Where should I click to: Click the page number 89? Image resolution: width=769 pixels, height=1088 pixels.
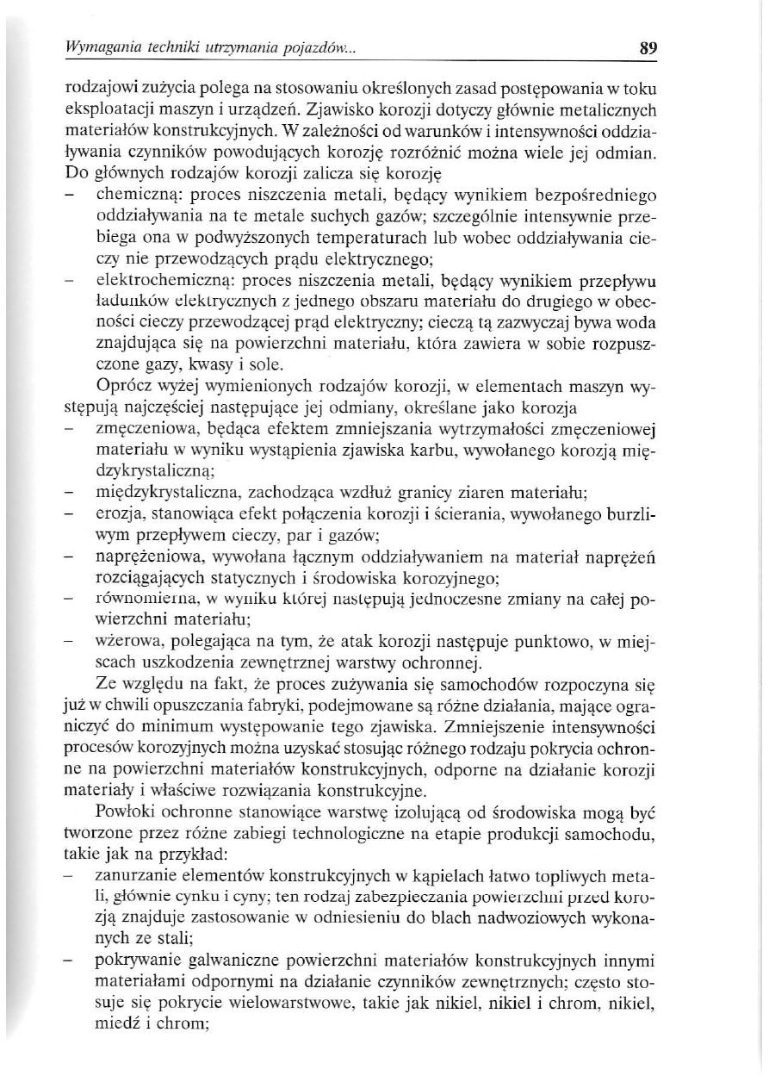tap(648, 49)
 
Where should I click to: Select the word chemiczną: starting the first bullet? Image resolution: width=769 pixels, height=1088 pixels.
tap(136, 188)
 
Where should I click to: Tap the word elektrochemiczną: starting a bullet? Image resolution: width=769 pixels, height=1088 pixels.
tap(155, 280)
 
